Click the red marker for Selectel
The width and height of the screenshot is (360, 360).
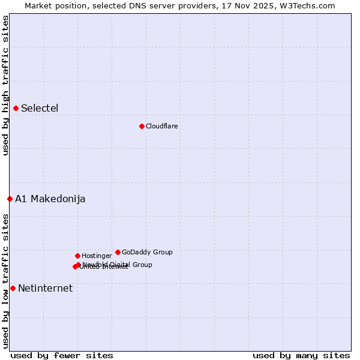(16, 108)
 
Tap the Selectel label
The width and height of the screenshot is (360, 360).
(40, 109)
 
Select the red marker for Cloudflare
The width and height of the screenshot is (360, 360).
(142, 126)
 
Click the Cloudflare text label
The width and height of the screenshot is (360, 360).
(161, 126)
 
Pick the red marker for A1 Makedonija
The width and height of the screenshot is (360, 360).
(10, 199)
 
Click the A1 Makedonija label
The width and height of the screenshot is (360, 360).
(50, 199)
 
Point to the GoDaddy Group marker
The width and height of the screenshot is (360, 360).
(118, 252)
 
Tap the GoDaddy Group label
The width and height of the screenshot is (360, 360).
(147, 252)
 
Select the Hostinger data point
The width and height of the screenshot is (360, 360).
(77, 256)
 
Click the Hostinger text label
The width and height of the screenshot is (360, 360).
(97, 256)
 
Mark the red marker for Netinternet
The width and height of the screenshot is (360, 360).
(13, 288)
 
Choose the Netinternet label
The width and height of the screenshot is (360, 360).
(45, 289)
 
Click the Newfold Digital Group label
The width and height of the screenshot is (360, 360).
(118, 264)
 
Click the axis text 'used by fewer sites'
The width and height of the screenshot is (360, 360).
(62, 355)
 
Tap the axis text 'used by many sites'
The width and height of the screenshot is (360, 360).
(301, 355)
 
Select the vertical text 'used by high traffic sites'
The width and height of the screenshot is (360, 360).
(5, 85)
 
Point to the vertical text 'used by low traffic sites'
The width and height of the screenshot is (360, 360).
(5, 280)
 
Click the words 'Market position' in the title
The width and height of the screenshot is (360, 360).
(53, 5)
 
